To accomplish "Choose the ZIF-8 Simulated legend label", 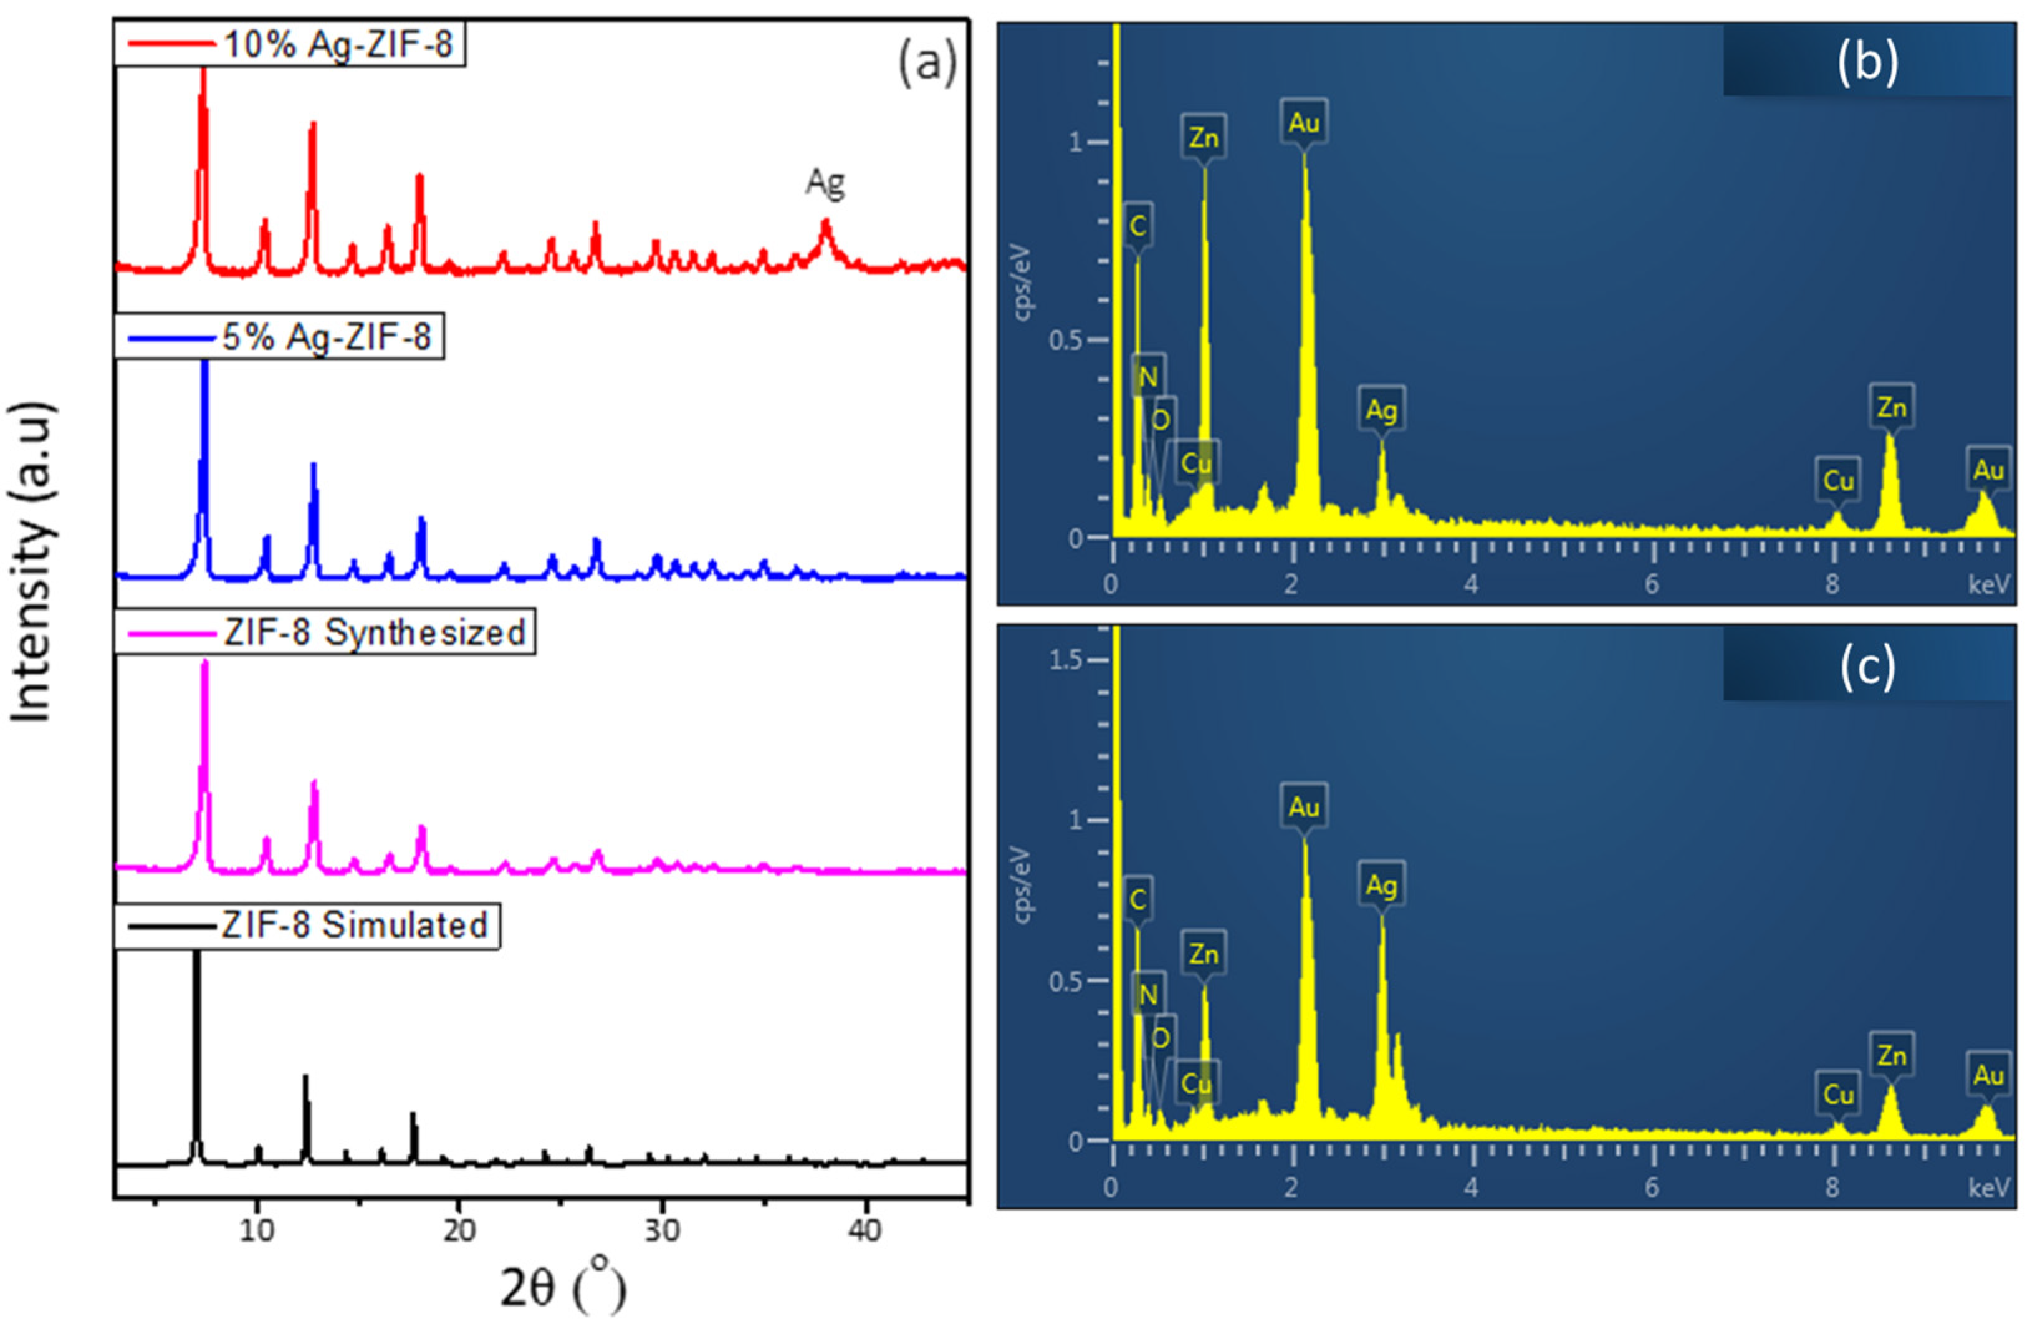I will point(354,925).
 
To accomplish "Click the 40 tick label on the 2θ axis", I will point(864,1230).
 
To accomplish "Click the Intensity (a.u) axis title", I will point(32,562).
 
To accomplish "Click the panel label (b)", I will point(1867,62).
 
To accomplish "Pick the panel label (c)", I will point(1867,665).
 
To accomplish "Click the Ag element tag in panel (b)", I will point(1381,410).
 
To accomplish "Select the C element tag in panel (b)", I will point(1137,226).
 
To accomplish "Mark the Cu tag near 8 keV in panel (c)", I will point(1837,1094).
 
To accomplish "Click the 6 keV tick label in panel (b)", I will point(1651,585).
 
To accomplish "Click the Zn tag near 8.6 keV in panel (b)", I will point(1891,407).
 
